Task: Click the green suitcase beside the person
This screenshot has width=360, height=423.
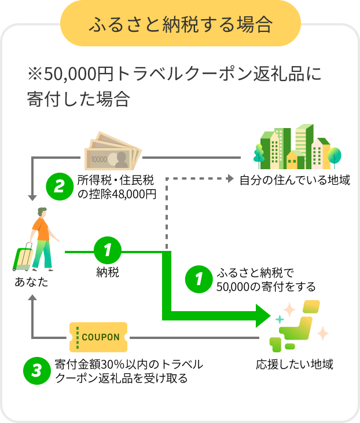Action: (22, 260)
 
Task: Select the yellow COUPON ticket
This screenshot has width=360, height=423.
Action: (98, 337)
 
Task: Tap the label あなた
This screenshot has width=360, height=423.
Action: (32, 283)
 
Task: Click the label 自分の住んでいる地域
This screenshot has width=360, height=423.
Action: (295, 180)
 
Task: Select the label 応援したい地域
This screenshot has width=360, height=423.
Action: (295, 364)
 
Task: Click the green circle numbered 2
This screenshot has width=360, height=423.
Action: (59, 187)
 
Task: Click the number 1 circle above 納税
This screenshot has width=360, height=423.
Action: (107, 251)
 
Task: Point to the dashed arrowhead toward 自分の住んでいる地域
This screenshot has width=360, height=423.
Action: (227, 180)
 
